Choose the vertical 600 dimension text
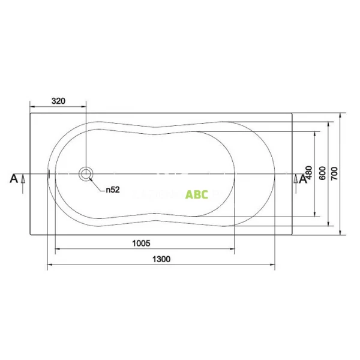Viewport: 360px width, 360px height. click(x=322, y=173)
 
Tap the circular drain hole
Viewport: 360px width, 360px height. click(x=86, y=174)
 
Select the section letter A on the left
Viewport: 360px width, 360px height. click(x=13, y=178)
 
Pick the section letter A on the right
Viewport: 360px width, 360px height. click(x=304, y=178)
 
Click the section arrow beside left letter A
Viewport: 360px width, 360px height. click(x=23, y=178)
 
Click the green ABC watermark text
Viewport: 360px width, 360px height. click(x=197, y=194)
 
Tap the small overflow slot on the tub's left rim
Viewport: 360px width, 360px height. click(x=49, y=174)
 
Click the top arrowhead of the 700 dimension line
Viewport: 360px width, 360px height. click(x=340, y=115)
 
